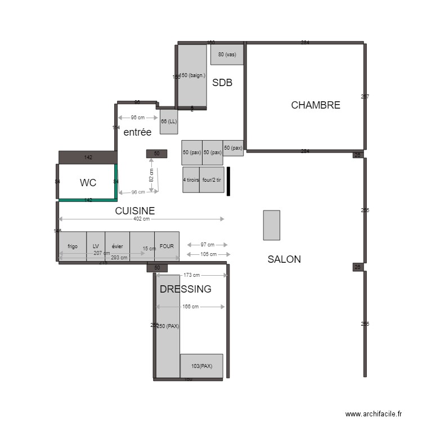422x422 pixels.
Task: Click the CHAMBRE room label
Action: coord(315,105)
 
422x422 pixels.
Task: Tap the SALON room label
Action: coord(284,259)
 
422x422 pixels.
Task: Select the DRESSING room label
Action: coord(186,289)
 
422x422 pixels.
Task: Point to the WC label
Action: coord(88,183)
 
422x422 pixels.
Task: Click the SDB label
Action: coord(222,83)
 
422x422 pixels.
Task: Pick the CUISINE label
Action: coord(135,211)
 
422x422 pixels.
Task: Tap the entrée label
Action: coord(137,133)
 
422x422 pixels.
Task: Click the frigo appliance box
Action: coord(73,246)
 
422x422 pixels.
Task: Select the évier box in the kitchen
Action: coord(117,246)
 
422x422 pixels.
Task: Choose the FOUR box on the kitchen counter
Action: coord(167,246)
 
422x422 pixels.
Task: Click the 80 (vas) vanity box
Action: coord(227,55)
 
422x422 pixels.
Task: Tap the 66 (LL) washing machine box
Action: coord(169,122)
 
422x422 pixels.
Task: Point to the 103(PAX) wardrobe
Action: coord(201,366)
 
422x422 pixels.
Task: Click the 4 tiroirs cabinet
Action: coord(191,180)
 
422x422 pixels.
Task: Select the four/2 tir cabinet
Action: coord(212,180)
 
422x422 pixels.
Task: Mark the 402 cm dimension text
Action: coord(142,219)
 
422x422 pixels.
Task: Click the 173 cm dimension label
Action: coord(192,275)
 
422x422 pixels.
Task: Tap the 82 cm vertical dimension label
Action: coord(151,174)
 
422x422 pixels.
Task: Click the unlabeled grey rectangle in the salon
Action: coord(271,225)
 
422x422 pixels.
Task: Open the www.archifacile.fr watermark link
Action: coord(374,414)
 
